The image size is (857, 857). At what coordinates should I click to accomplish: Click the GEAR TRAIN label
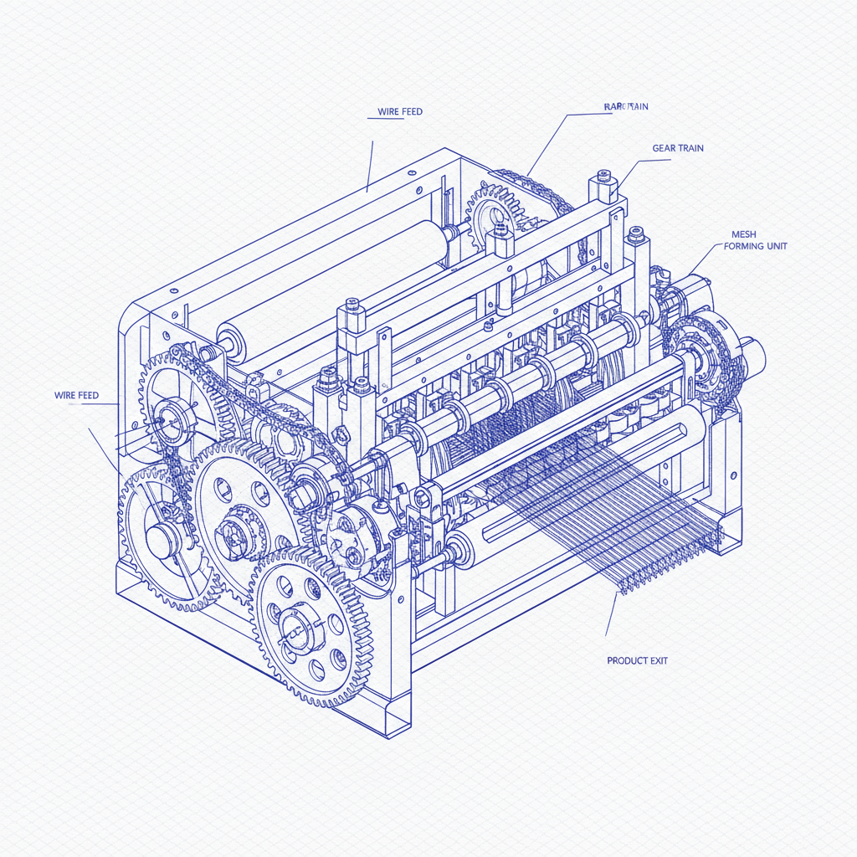pyautogui.click(x=677, y=148)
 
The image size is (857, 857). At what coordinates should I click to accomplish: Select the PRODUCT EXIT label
pyautogui.click(x=637, y=660)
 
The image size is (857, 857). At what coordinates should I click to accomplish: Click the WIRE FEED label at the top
pyautogui.click(x=401, y=111)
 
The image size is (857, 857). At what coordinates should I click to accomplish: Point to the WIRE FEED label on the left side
pyautogui.click(x=76, y=395)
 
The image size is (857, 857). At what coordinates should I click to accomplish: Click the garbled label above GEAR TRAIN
pyautogui.click(x=626, y=106)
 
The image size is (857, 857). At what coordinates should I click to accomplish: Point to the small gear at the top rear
pyautogui.click(x=494, y=219)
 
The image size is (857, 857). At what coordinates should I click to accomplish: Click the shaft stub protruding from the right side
pyautogui.click(x=753, y=355)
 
